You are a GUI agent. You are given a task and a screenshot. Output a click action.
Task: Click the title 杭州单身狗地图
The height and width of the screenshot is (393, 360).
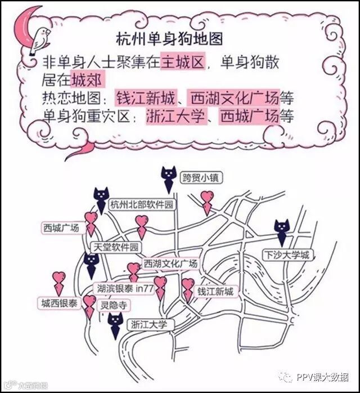click(169, 39)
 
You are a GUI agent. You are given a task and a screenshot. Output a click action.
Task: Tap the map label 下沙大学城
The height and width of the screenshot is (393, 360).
click(286, 255)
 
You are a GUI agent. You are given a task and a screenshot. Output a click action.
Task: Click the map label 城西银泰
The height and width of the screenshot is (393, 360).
click(59, 303)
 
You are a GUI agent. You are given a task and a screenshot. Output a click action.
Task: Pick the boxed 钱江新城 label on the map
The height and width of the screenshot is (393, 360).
click(214, 291)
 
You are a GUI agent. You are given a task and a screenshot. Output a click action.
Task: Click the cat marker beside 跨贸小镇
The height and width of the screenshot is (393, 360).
click(167, 177)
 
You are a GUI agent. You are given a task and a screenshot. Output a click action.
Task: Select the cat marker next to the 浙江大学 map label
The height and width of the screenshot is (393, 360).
click(115, 325)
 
